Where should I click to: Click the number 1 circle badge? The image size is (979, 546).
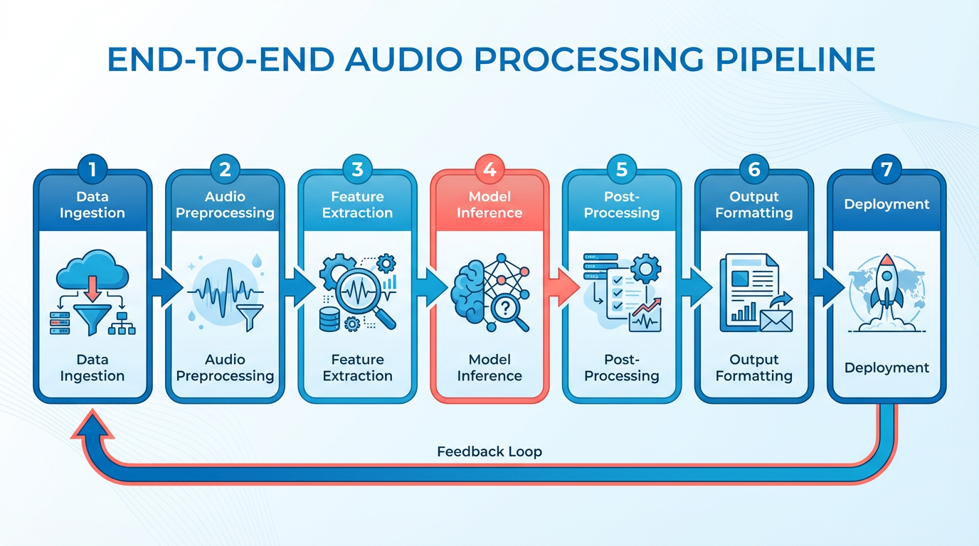click(92, 169)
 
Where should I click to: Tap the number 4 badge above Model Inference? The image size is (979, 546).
click(489, 169)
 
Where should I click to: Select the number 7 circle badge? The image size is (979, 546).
click(887, 169)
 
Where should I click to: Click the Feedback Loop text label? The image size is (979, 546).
click(489, 451)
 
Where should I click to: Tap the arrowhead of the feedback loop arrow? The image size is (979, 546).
click(92, 425)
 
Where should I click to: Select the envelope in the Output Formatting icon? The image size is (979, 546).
click(776, 321)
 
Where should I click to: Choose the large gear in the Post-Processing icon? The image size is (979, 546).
click(646, 269)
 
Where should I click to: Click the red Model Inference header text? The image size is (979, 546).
click(489, 205)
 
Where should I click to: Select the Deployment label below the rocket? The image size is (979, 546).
click(887, 368)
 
